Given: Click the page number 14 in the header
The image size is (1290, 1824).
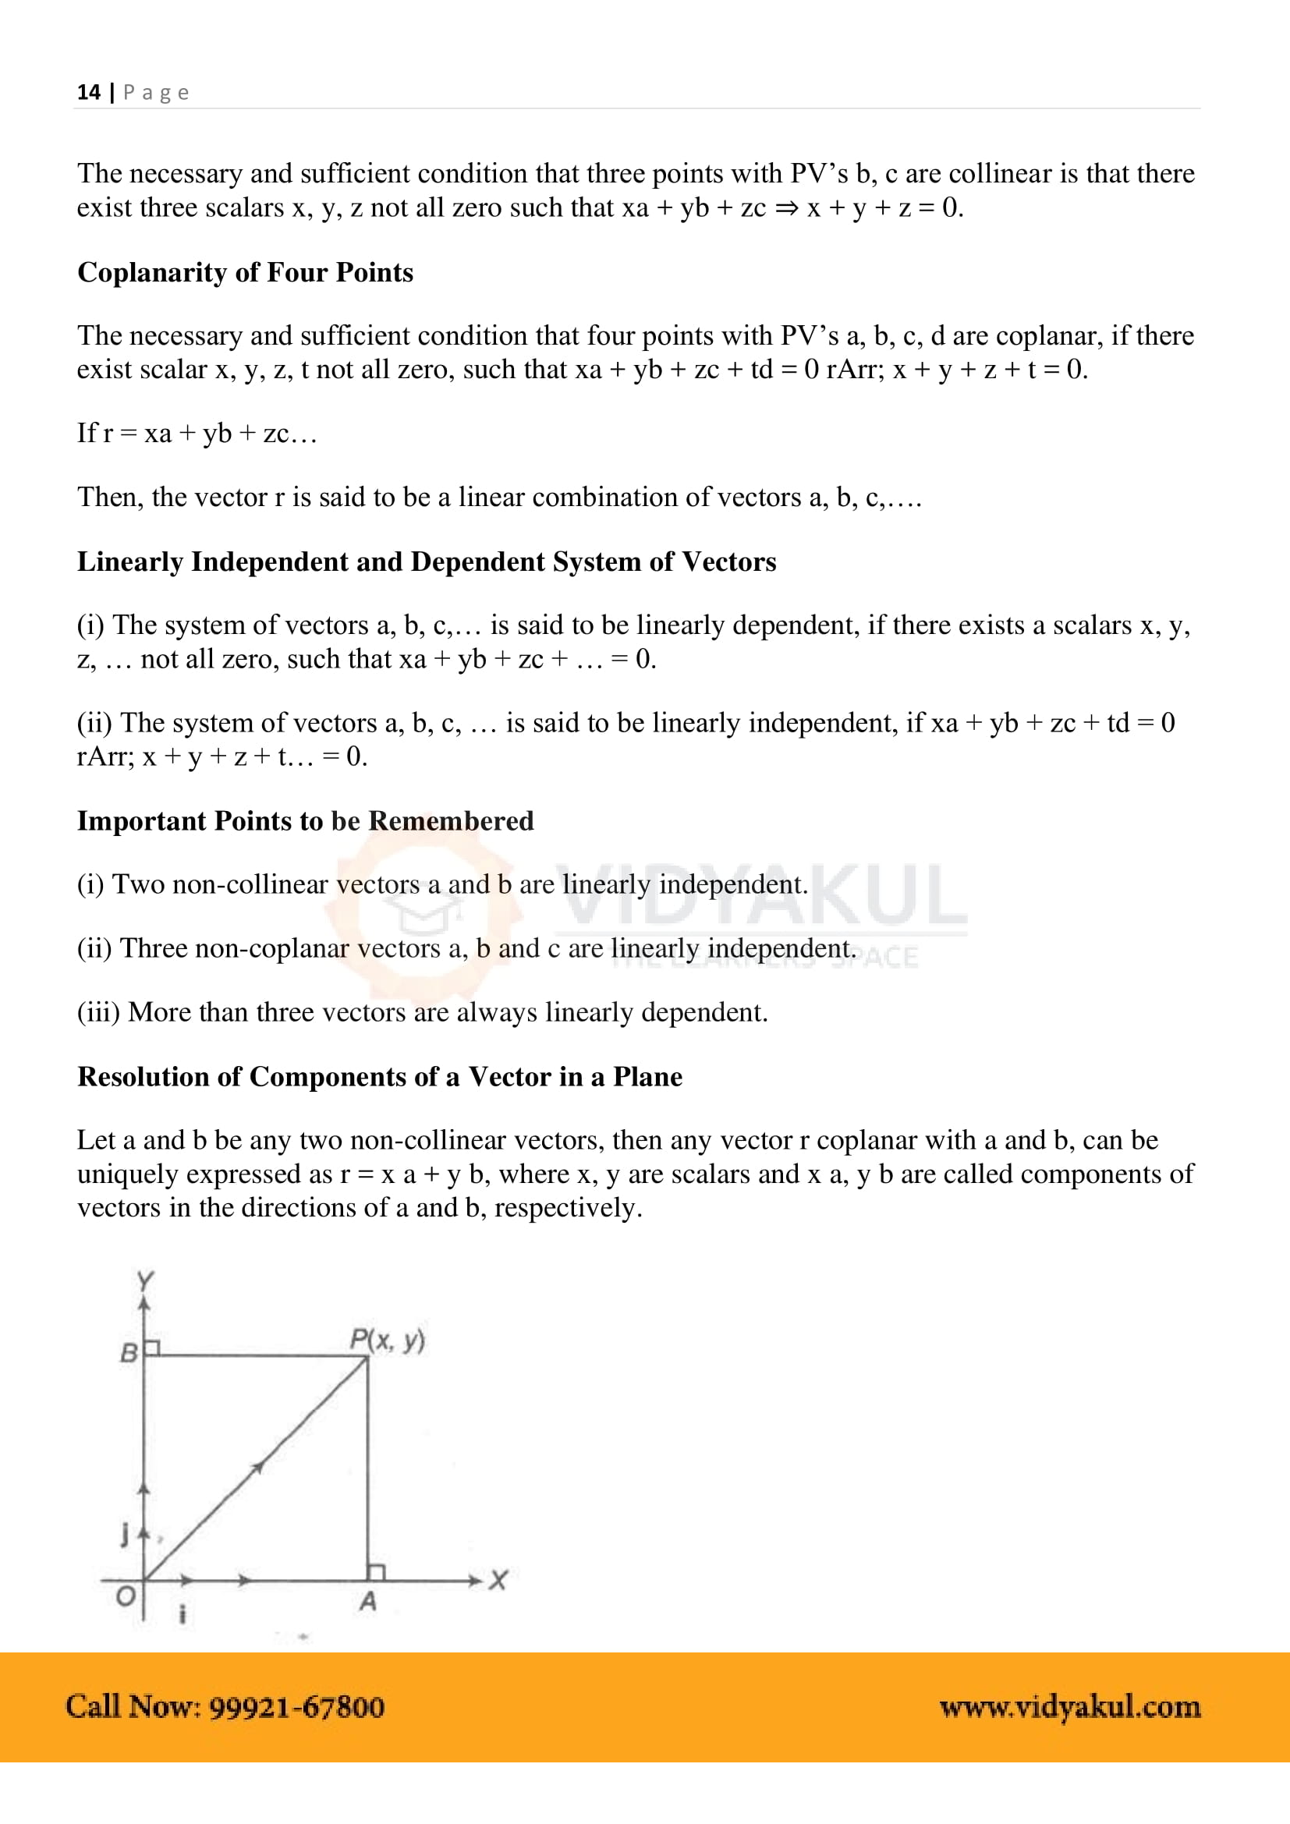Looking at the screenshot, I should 88,92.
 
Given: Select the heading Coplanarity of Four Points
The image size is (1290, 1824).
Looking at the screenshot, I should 245,272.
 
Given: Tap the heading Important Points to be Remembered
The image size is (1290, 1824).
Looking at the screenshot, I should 305,820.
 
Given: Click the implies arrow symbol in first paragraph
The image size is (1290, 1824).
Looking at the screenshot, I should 786,208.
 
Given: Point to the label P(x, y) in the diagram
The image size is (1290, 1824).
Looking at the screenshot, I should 387,1341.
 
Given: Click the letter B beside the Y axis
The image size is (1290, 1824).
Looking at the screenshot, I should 129,1352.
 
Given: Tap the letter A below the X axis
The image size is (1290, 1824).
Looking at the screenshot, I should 367,1601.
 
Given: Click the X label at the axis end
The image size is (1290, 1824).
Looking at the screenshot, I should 498,1579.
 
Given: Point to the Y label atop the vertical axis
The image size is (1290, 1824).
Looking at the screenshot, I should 144,1280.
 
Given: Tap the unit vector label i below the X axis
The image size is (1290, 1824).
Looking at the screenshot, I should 183,1614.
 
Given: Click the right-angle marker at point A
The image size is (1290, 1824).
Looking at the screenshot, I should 377,1572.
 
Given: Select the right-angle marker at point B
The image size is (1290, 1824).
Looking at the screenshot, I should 153,1348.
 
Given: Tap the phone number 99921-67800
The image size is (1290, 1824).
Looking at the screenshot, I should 297,1706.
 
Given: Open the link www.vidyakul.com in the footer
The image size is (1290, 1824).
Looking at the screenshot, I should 1069,1706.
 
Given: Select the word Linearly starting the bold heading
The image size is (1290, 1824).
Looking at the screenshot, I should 130,561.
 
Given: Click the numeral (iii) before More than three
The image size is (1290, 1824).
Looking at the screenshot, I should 97,1012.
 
